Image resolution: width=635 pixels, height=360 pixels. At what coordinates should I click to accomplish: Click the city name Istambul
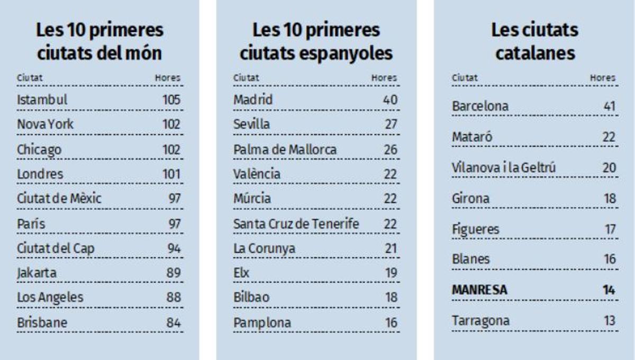click(42, 100)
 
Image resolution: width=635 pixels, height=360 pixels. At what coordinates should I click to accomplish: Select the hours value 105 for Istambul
click(171, 100)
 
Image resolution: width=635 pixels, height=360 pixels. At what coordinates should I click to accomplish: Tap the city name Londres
click(40, 174)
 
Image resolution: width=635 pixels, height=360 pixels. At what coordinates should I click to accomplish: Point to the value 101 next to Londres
click(171, 174)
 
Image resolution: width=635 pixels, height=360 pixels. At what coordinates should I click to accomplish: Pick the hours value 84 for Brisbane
click(172, 322)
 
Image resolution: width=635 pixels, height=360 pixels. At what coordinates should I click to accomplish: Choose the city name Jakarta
click(37, 273)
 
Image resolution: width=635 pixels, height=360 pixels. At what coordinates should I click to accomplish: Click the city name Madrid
click(253, 100)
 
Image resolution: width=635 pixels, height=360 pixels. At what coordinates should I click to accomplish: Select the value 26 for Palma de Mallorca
click(391, 149)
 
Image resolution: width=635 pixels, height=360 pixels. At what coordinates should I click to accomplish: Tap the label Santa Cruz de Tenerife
click(296, 224)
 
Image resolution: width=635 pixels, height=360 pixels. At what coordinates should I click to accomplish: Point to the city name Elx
click(241, 273)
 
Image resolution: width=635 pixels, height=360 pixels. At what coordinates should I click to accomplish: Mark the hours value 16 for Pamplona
click(391, 322)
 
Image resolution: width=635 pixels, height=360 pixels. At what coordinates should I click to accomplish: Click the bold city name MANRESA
click(479, 290)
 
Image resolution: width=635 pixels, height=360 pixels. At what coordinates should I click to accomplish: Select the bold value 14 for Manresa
click(610, 290)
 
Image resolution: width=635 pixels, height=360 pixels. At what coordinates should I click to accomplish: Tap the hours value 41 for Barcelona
click(610, 106)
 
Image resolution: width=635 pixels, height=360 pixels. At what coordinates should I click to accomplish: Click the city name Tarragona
click(480, 321)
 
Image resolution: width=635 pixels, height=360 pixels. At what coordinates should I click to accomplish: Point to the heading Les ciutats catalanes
click(534, 41)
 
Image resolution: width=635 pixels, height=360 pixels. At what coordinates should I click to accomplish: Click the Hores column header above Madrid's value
click(384, 78)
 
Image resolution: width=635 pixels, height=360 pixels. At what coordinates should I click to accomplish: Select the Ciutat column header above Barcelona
click(464, 78)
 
